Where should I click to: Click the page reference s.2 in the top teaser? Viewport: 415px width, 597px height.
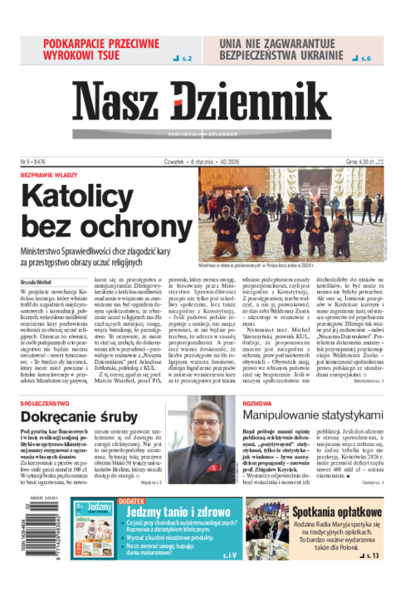coord(183,59)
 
